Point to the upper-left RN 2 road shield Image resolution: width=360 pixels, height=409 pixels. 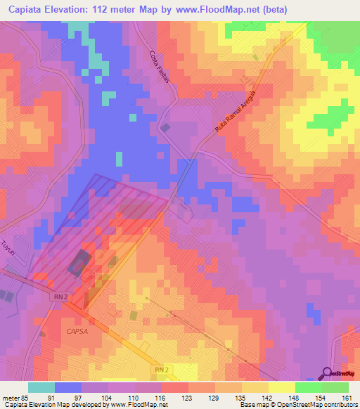(61, 297)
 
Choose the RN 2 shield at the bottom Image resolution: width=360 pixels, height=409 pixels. (162, 368)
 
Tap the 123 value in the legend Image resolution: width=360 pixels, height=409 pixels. (187, 398)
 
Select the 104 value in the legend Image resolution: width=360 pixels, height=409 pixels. (107, 398)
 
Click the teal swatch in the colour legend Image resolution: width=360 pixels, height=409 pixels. (41, 387)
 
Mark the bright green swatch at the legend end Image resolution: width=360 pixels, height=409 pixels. (335, 387)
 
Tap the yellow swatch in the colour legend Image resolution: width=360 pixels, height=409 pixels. (282, 387)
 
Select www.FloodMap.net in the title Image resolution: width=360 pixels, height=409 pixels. (214, 9)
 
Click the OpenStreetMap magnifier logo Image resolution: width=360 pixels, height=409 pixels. (328, 372)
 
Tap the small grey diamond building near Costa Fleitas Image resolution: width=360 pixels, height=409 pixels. (166, 128)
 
